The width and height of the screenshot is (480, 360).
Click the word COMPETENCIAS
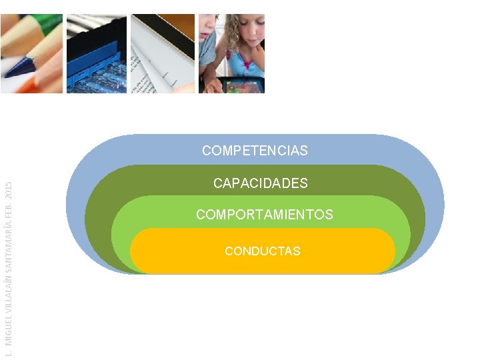tap(255, 151)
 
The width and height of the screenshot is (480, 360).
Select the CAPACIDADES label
tap(260, 183)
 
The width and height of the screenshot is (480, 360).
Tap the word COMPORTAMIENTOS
tap(264, 215)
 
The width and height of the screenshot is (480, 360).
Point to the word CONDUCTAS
tap(262, 251)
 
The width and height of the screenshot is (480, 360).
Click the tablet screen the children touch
tap(243, 85)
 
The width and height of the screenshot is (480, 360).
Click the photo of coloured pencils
tap(31, 53)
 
